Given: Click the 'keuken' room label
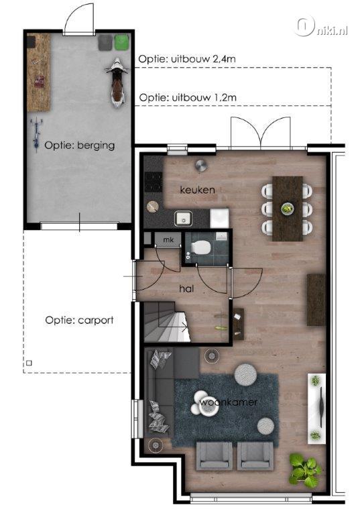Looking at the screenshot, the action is coord(197,190).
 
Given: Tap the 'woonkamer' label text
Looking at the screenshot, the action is coord(229,402).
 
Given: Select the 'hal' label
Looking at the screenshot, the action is coord(186,289).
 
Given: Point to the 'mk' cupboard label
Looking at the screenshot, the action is coord(168,240).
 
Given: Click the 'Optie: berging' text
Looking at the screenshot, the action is coord(80,146).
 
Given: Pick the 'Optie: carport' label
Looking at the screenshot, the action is coord(80,321).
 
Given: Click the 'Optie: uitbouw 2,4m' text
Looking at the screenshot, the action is coord(187,59).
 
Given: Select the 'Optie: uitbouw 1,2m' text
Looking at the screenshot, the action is coord(188,97).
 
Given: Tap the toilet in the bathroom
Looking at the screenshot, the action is coord(200,247).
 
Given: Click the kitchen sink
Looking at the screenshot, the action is coord(183,218).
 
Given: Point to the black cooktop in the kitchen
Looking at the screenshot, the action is coord(154,182).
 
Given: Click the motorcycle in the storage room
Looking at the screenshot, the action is coord(117,82).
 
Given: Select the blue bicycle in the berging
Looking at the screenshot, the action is coord(36,135).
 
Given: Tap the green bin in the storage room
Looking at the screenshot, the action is coord(122,42).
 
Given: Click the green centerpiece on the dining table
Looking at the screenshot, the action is coord(288,209).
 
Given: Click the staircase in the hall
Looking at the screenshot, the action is coord(166,322).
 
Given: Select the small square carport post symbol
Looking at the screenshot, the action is coord(29,363).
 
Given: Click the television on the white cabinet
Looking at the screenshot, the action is coord(321,408).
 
